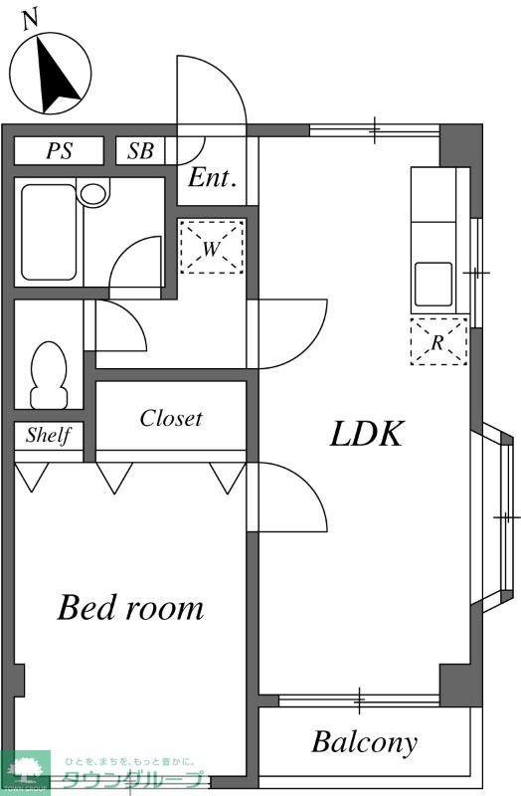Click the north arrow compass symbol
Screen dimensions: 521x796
point(51,73)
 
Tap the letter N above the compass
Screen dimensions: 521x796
point(31,20)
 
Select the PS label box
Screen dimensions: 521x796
point(59,151)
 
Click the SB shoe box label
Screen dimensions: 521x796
point(140,151)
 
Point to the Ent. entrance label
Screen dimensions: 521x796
point(212,178)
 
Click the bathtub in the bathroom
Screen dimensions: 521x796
point(49,232)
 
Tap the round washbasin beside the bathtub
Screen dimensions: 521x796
point(94,193)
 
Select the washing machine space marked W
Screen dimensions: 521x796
point(212,247)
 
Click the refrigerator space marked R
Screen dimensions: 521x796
point(438,341)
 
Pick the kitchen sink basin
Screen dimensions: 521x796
point(434,285)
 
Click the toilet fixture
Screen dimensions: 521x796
point(49,375)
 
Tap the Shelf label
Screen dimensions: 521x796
point(48,435)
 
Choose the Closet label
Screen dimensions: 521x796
point(171,418)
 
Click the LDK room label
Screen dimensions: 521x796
point(367,434)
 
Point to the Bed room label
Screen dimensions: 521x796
point(130,607)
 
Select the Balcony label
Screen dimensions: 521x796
point(364,742)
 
